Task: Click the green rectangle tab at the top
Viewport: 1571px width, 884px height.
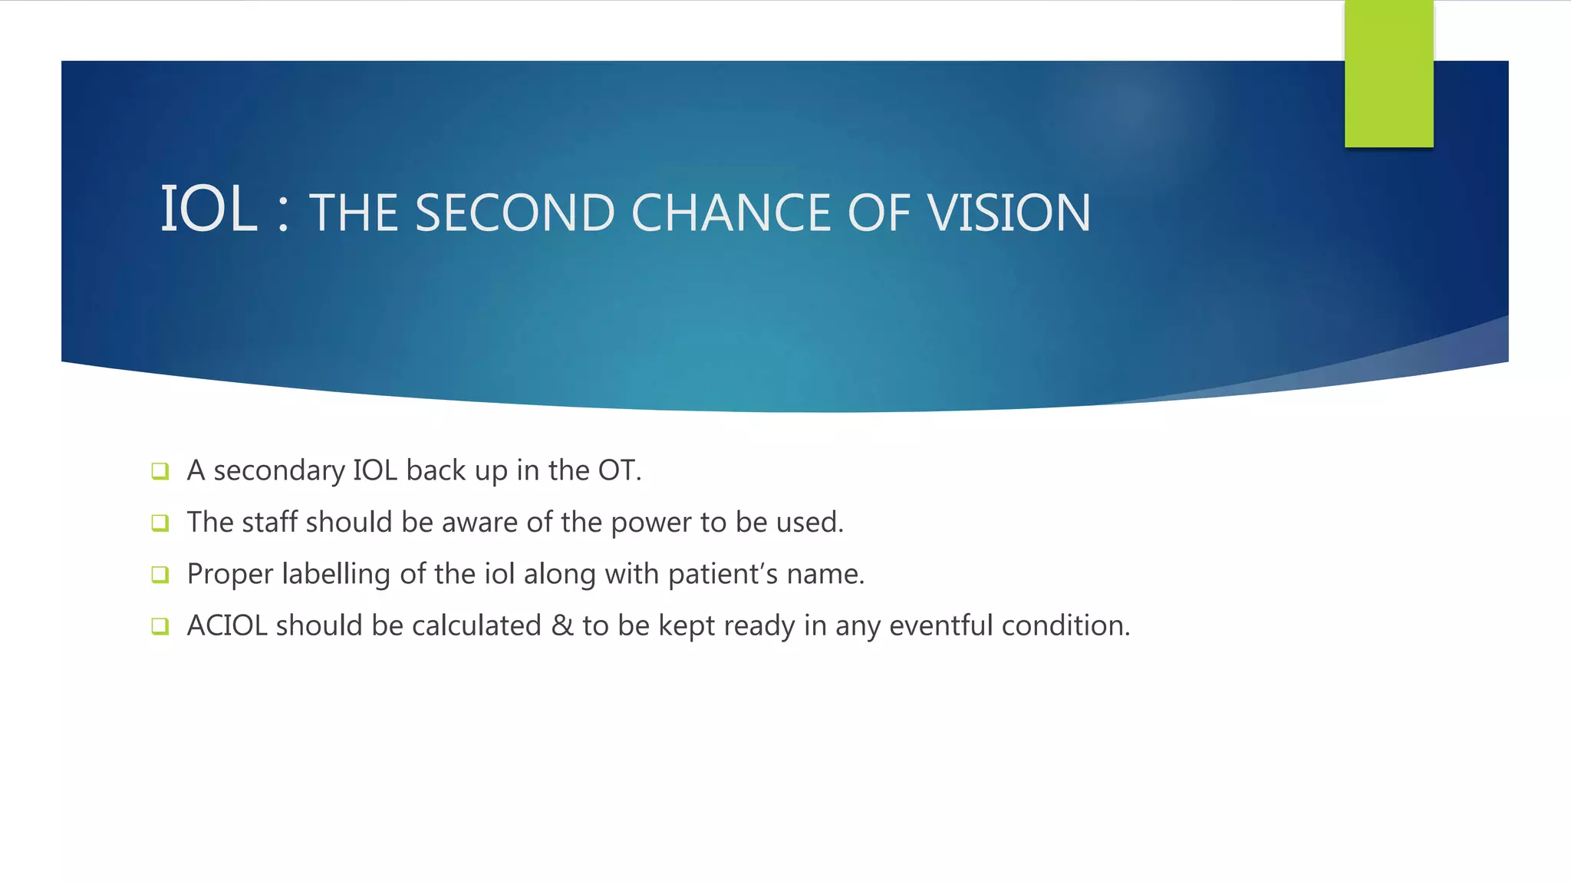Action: [1388, 74]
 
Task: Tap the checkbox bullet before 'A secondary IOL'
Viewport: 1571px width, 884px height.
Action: [160, 471]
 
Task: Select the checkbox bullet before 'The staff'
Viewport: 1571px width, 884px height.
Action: [160, 523]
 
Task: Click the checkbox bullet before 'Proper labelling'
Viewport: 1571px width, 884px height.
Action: [160, 575]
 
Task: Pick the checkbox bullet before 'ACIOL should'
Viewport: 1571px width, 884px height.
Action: [160, 626]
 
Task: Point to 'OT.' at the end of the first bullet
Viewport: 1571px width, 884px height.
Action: [620, 470]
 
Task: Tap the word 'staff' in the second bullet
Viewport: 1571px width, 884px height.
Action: [269, 523]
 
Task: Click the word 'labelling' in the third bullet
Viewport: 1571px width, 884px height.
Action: [336, 574]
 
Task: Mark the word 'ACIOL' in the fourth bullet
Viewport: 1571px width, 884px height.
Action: [226, 626]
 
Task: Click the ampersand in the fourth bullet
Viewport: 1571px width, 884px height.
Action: [562, 626]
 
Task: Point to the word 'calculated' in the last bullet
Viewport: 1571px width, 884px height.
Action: [476, 626]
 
